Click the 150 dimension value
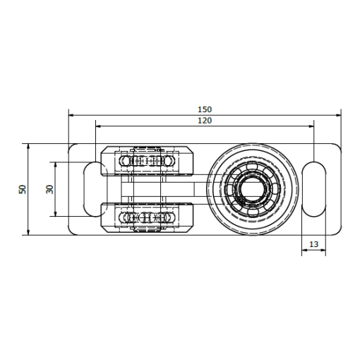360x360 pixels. (x=205, y=109)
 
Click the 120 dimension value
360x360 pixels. (x=205, y=121)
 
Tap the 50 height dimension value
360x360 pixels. (x=23, y=189)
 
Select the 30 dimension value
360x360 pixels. (x=49, y=189)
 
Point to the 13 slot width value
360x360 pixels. (x=313, y=244)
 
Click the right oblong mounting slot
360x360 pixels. (x=314, y=189)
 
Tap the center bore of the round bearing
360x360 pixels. (x=253, y=188)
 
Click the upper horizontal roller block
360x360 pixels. (x=148, y=161)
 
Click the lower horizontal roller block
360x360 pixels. (x=148, y=217)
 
